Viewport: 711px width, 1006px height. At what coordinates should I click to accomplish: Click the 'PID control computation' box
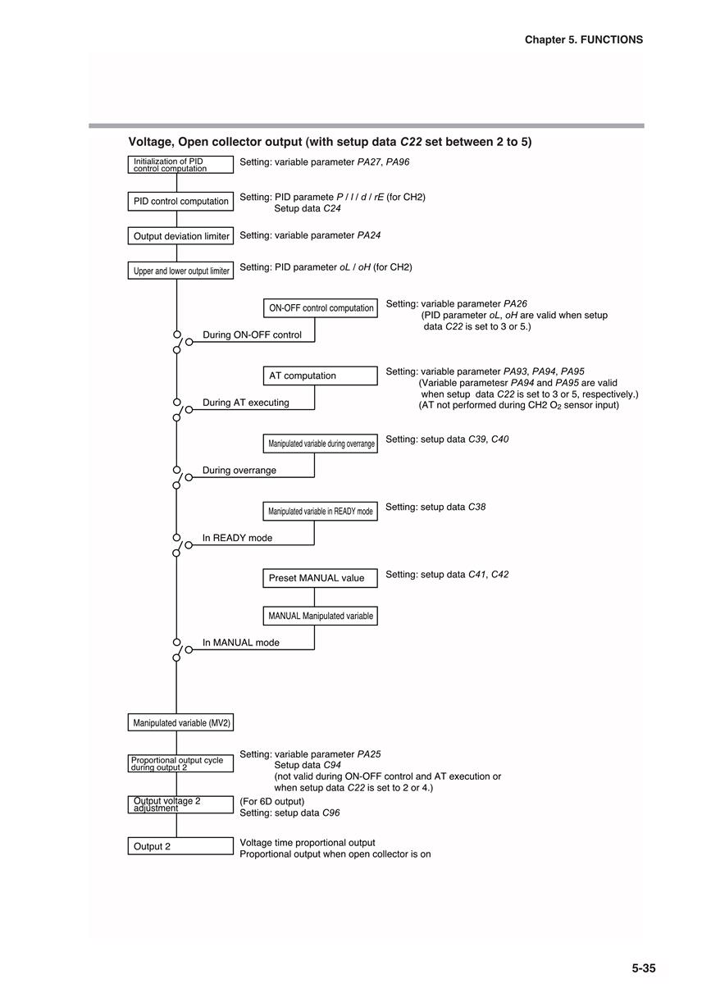[x=180, y=201]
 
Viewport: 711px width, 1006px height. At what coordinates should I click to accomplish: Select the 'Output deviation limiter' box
[x=180, y=236]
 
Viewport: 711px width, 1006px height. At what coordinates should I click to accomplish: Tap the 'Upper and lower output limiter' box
[x=180, y=271]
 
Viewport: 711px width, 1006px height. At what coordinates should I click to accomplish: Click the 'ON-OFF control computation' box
[x=321, y=308]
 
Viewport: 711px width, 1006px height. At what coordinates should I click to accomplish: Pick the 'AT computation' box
[x=321, y=376]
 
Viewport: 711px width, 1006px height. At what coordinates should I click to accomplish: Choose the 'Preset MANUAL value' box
[x=321, y=578]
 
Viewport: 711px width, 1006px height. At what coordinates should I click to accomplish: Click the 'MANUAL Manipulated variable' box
[x=321, y=616]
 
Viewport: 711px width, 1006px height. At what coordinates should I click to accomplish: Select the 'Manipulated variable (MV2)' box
[x=180, y=722]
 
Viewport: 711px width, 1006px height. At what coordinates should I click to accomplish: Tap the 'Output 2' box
[x=180, y=846]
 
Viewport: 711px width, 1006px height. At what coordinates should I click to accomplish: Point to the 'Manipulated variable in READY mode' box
[x=321, y=511]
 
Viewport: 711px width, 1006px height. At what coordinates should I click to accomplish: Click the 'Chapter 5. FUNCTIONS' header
[x=584, y=39]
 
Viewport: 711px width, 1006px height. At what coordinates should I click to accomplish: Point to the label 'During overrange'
[x=239, y=471]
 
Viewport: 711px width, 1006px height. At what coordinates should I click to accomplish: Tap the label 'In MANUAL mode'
[x=241, y=643]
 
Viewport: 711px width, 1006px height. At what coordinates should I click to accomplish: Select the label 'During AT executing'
[x=246, y=403]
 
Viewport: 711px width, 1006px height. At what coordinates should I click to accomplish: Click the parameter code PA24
[x=369, y=235]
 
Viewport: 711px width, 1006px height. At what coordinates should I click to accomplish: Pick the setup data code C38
[x=476, y=507]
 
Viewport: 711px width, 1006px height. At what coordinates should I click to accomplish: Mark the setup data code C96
[x=331, y=813]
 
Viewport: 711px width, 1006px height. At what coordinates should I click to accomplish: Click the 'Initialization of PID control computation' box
[x=180, y=165]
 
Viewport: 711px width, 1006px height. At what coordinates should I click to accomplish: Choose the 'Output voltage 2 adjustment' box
[x=180, y=804]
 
